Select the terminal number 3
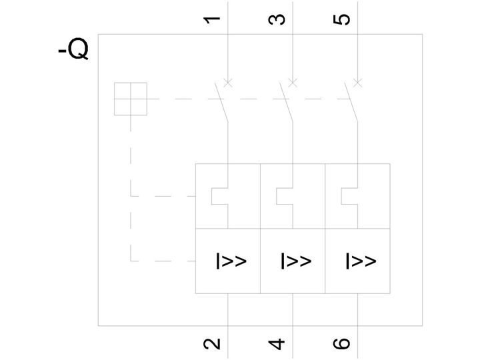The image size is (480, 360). coord(277,19)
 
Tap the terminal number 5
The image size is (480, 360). coord(341,19)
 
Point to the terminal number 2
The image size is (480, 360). coord(211,343)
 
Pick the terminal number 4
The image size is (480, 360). coord(277,344)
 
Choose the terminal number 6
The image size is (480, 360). coord(341,343)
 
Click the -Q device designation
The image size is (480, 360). coord(73,49)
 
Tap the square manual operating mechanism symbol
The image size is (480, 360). coord(131,99)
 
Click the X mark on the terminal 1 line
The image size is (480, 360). coord(228,83)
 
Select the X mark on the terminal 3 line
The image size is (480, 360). coord(293,83)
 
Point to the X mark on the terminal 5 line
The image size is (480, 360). coord(358,83)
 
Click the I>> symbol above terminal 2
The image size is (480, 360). coord(231,261)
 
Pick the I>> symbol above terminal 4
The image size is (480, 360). coord(296,261)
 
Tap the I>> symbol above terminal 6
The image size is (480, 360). coord(361,261)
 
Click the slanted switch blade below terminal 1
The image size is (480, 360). coord(221,102)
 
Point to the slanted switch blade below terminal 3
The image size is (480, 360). coord(286,102)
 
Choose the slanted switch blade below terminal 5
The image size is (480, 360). coord(351,102)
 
